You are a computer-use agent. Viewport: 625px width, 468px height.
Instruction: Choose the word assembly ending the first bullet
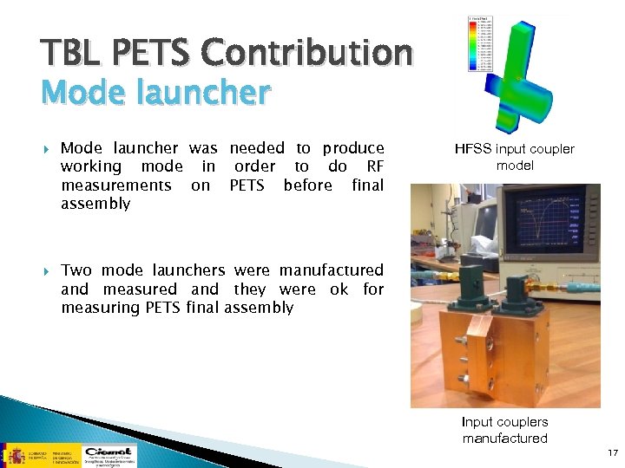pos(95,204)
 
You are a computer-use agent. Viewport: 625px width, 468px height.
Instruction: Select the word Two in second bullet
pos(76,270)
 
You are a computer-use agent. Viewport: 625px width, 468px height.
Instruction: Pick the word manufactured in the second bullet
pos(332,270)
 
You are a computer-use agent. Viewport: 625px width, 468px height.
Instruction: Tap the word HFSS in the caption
pos(473,149)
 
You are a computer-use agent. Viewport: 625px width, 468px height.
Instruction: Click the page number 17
pos(612,452)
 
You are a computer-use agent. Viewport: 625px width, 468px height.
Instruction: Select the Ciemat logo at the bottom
pos(108,454)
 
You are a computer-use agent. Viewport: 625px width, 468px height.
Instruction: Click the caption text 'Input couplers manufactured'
pos(504,430)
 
